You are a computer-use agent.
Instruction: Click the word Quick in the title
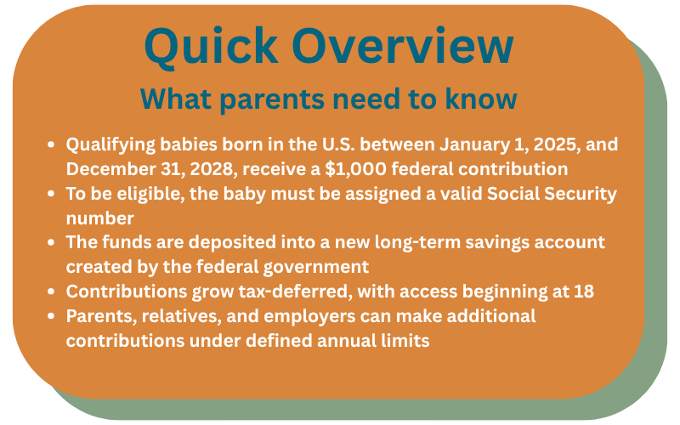[211, 47]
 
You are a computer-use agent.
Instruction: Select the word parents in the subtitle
[271, 100]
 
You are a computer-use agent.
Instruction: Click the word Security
[581, 195]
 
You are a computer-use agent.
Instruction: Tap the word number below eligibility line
[99, 218]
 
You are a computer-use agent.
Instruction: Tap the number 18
[584, 292]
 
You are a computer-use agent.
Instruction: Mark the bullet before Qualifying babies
[51, 144]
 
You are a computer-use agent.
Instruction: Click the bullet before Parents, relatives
[51, 316]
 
